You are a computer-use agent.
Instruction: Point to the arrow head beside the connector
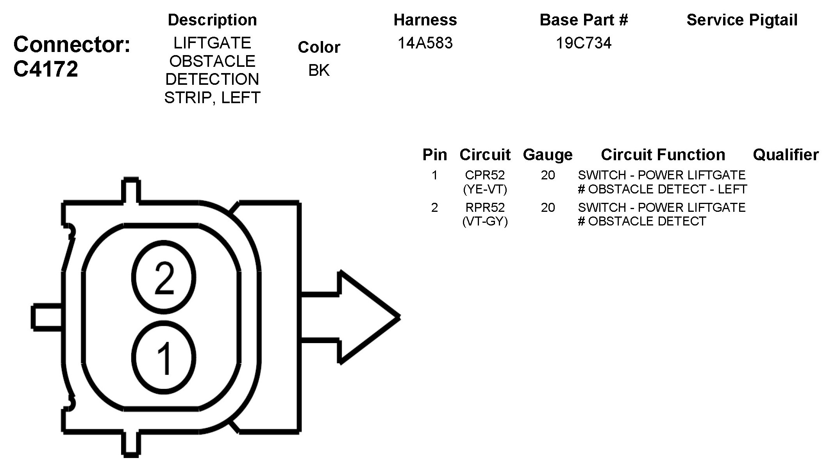pyautogui.click(x=367, y=317)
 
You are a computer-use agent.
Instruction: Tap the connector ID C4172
pyautogui.click(x=46, y=69)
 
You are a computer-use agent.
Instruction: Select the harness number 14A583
pyautogui.click(x=425, y=43)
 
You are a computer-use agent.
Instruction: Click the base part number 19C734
pyautogui.click(x=584, y=43)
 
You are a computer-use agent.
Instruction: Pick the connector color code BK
pyautogui.click(x=319, y=70)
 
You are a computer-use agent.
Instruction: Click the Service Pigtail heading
pyautogui.click(x=742, y=20)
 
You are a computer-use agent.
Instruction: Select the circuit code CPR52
pyautogui.click(x=485, y=175)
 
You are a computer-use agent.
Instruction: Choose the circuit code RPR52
pyautogui.click(x=485, y=207)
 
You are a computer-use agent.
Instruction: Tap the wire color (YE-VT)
pyautogui.click(x=485, y=190)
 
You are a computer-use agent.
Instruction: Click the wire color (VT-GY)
pyautogui.click(x=485, y=222)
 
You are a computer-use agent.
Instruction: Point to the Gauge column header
pyautogui.click(x=548, y=155)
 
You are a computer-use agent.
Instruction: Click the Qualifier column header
pyautogui.click(x=786, y=155)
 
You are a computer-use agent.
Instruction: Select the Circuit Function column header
pyautogui.click(x=663, y=155)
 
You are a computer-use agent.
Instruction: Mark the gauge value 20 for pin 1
pyautogui.click(x=548, y=175)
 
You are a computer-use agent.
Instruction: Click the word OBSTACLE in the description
pyautogui.click(x=212, y=61)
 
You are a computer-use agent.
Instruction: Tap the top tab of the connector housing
pyautogui.click(x=131, y=190)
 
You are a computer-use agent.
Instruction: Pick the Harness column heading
pyautogui.click(x=425, y=20)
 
